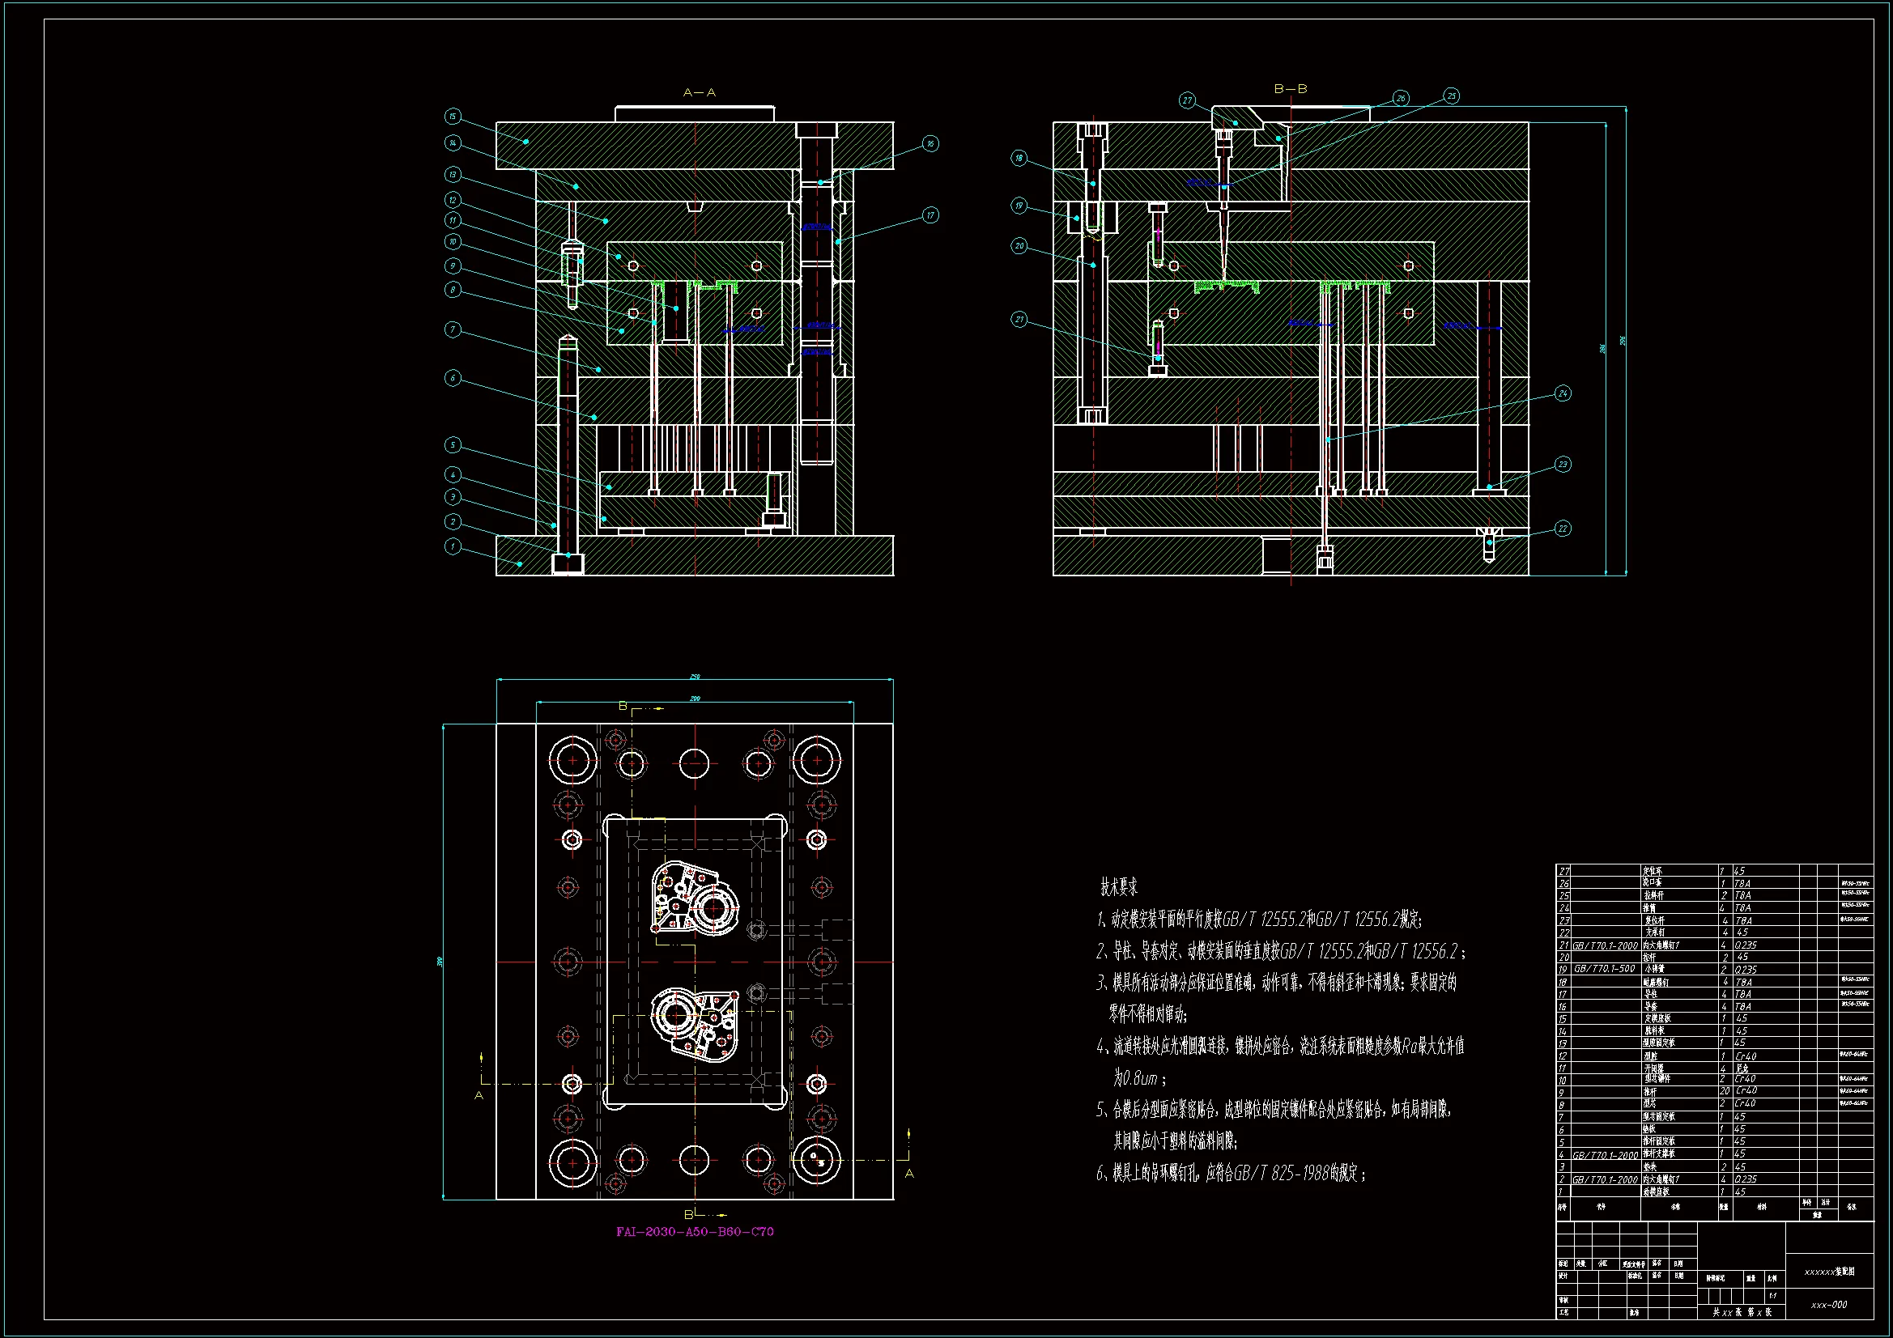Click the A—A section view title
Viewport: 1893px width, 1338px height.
(x=700, y=93)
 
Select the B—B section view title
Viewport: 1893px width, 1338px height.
(x=1291, y=89)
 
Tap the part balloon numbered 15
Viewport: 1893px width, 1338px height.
(x=452, y=117)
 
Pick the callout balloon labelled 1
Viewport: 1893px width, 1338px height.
(x=452, y=546)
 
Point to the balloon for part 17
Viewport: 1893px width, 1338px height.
(x=930, y=215)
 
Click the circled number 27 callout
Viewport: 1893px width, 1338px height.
(x=1187, y=100)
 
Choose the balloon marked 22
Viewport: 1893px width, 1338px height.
(x=1563, y=529)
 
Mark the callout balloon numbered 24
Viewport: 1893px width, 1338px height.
(x=1563, y=393)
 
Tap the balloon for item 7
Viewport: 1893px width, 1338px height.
(x=452, y=329)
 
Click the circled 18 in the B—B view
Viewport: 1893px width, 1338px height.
(x=1019, y=159)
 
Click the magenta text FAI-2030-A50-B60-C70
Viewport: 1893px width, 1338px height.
(x=695, y=1232)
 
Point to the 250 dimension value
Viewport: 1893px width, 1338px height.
(x=695, y=677)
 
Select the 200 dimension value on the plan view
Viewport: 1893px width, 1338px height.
(x=695, y=699)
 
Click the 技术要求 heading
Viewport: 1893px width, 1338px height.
(x=1119, y=887)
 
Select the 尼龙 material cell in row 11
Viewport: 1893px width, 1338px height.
(x=1742, y=1068)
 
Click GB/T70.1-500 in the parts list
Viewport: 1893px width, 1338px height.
(x=1605, y=969)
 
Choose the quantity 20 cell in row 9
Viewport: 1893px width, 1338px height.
(x=1724, y=1090)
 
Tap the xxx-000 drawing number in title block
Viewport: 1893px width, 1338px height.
(x=1829, y=1305)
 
